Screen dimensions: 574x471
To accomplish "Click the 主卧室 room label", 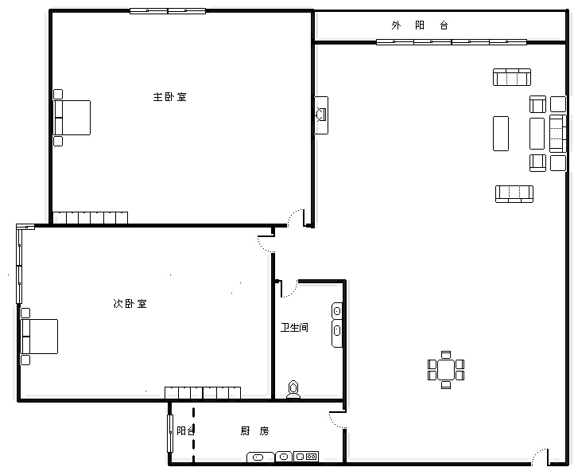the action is [x=169, y=97].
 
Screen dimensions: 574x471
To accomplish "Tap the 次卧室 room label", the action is [x=130, y=304].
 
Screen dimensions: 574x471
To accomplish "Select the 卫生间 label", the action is [x=294, y=327].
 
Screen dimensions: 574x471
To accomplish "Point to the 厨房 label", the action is [x=254, y=431].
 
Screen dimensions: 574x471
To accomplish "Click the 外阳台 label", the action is [x=420, y=25].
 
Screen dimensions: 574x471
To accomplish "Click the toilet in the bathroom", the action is [x=293, y=389].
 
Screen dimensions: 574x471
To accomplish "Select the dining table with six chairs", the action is [x=446, y=370].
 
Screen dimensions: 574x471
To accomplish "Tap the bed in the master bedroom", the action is [x=72, y=118].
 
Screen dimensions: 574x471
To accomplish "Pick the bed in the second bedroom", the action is [x=39, y=337].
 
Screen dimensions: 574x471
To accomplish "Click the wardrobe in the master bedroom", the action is [x=91, y=218].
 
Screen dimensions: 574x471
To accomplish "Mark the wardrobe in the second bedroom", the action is [x=203, y=393].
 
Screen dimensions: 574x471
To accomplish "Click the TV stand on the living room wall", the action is [x=322, y=115].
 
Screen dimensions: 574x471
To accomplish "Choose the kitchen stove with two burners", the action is [x=306, y=457].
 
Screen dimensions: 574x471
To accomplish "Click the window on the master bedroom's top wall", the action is [x=168, y=11].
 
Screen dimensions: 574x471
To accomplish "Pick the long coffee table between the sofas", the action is [x=501, y=134].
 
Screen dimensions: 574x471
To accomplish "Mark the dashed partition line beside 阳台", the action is [x=193, y=434].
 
